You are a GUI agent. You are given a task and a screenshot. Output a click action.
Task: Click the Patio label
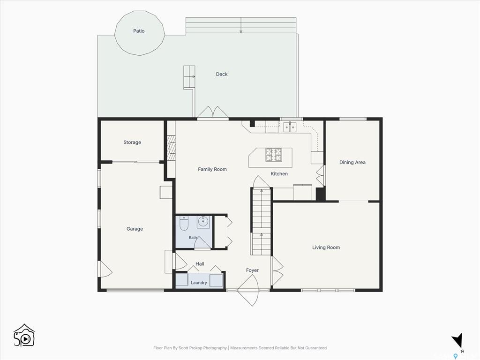[139, 31]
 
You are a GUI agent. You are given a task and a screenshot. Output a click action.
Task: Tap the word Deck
[222, 74]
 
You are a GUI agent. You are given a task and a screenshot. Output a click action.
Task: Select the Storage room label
[132, 142]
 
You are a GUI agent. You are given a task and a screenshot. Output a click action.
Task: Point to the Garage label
[135, 229]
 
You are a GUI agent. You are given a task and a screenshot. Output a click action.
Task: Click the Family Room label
[212, 169]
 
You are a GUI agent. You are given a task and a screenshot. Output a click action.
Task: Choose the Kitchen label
[279, 173]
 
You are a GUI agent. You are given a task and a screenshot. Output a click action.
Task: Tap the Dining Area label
[352, 162]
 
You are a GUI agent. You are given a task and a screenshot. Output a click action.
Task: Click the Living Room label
[326, 247]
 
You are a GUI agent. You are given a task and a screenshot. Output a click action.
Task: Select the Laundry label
[199, 283]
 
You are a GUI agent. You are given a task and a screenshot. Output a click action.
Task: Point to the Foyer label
[252, 270]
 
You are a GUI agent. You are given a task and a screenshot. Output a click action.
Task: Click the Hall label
[200, 264]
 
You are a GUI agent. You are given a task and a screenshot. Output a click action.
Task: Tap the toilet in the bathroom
[184, 224]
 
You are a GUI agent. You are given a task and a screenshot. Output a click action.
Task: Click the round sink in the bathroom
[203, 221]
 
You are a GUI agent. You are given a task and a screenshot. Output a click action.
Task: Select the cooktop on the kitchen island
[273, 155]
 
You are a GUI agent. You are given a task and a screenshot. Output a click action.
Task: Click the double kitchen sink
[290, 127]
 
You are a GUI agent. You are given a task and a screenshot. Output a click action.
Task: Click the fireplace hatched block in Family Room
[172, 148]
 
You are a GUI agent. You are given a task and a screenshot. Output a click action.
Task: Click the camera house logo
[24, 336]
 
